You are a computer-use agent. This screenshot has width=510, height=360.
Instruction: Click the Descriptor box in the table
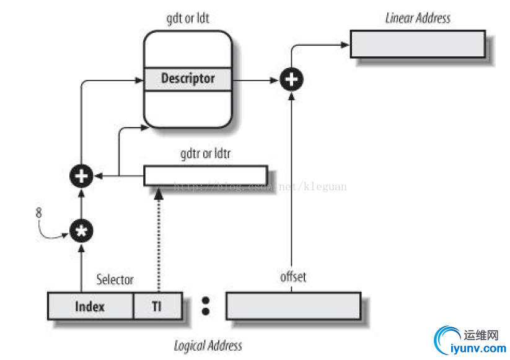tap(188, 79)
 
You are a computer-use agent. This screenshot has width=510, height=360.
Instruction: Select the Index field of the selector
tap(90, 306)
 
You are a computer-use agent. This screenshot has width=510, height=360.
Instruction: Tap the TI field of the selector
tap(157, 306)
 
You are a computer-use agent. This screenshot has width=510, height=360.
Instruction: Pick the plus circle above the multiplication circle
tap(81, 177)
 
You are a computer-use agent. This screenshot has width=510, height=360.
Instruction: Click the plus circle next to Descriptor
tap(292, 79)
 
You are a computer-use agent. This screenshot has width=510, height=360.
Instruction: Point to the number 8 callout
tap(40, 212)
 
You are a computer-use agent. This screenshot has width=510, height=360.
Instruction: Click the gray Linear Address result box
tap(418, 44)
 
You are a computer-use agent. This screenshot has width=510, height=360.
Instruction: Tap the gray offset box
tap(293, 305)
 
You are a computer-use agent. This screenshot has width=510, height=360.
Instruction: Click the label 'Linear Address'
tap(418, 18)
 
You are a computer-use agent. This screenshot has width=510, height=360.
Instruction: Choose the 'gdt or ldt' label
tap(188, 19)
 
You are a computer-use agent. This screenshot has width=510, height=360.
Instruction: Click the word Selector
tap(115, 279)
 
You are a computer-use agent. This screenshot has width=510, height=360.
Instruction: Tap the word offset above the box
tap(293, 276)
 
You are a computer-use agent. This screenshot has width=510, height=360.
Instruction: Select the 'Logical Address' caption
tap(208, 345)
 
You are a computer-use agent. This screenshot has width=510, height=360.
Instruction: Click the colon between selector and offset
tap(206, 305)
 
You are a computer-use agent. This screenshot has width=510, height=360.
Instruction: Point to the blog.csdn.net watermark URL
tap(260, 186)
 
